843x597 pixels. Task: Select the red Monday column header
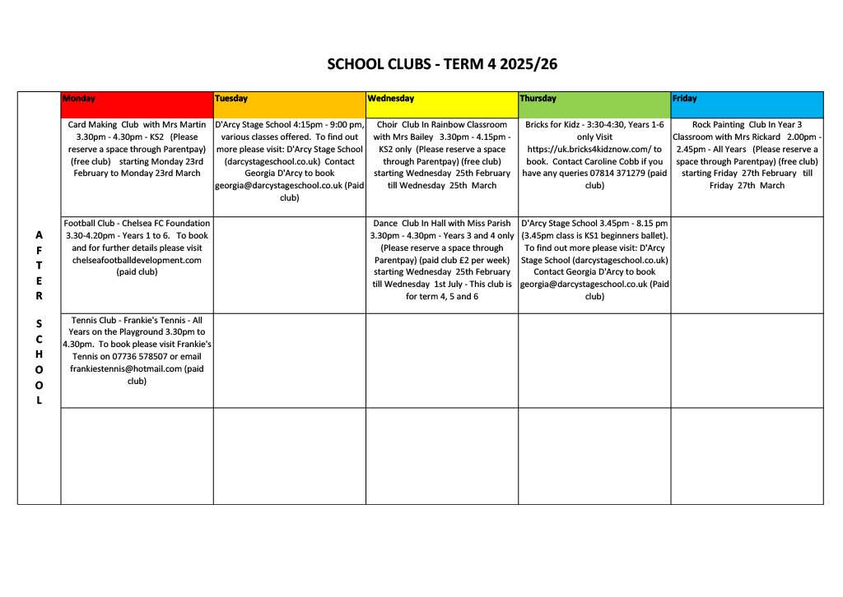137,99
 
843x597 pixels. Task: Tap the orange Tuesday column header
289,99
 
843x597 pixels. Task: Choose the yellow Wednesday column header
441,99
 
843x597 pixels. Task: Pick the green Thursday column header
594,99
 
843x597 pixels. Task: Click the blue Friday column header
747,99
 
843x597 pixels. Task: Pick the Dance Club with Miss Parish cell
441,260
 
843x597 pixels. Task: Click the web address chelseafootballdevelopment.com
137,260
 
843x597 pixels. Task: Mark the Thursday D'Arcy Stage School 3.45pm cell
594,260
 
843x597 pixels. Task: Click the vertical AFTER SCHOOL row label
39,317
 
